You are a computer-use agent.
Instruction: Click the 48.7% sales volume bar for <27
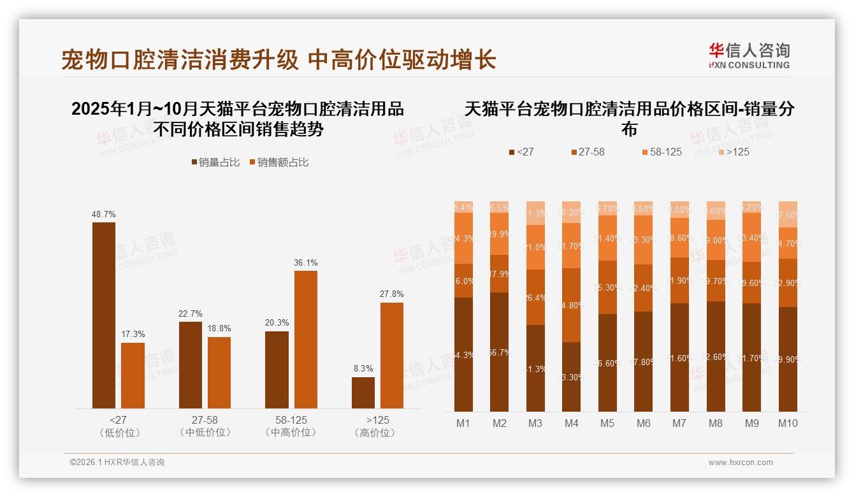(x=104, y=315)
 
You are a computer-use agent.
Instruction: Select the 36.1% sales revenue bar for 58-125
(x=305, y=340)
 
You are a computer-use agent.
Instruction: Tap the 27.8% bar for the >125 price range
(x=392, y=356)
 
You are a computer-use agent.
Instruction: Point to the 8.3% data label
(x=363, y=368)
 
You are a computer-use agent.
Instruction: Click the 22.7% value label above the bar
(x=191, y=313)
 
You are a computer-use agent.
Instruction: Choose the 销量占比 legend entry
(x=215, y=162)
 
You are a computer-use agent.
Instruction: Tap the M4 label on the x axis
(x=571, y=423)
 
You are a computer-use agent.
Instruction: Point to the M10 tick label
(x=788, y=423)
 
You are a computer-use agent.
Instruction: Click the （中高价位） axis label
(x=291, y=433)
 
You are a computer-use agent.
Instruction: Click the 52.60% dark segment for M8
(x=716, y=356)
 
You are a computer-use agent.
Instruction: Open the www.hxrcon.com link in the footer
(x=741, y=463)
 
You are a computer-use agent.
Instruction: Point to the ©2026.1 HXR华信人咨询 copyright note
(x=117, y=463)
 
